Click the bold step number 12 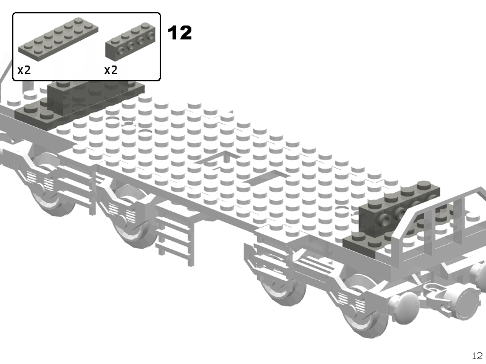[180, 33]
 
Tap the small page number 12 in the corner [477, 356]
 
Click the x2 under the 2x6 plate [24, 70]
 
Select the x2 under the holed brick [111, 70]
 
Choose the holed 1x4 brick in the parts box [130, 41]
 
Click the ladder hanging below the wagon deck [176, 235]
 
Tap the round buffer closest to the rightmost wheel [406, 309]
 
